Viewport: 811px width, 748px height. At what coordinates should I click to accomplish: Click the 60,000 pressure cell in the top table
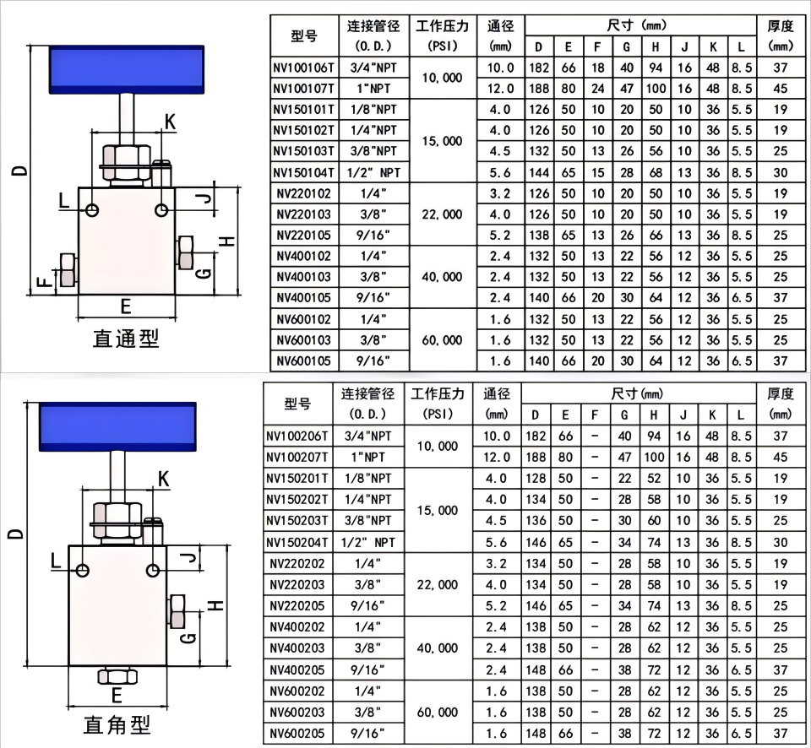click(440, 340)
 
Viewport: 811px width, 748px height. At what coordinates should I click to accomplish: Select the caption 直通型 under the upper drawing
click(126, 339)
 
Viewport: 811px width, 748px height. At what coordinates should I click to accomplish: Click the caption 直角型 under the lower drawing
click(117, 724)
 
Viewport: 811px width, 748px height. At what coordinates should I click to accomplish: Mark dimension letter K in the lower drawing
click(164, 480)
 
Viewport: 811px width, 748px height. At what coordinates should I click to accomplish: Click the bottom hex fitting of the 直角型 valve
click(118, 675)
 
